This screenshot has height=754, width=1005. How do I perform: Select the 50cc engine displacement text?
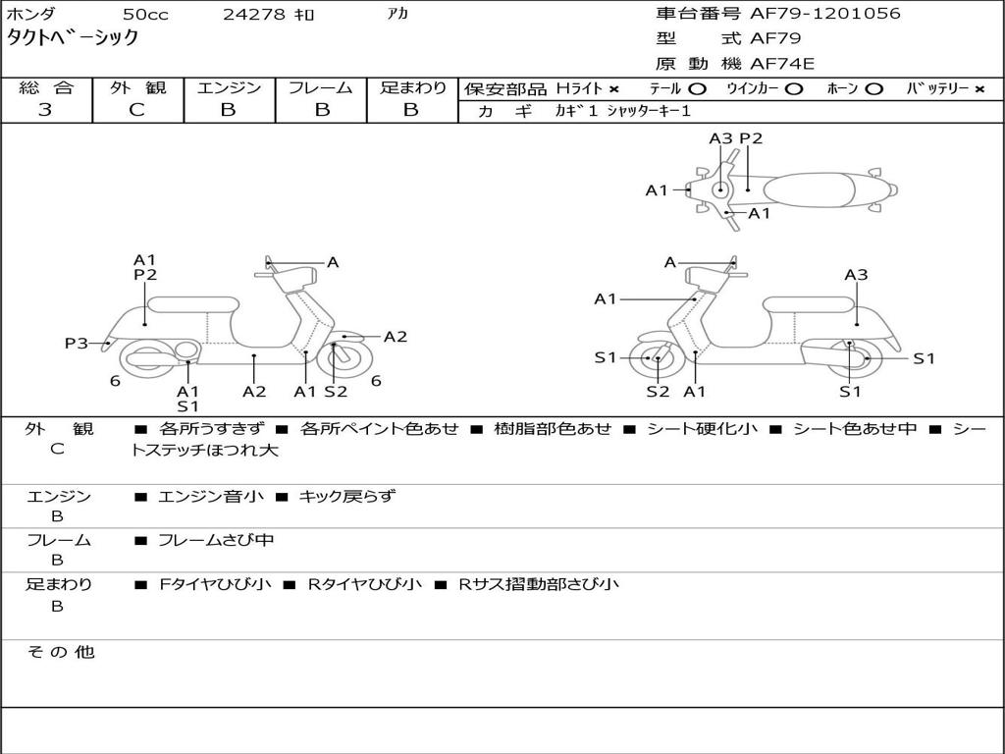click(144, 15)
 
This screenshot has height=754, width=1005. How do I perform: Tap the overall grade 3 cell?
click(45, 110)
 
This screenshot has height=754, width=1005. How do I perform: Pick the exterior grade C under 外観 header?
click(137, 110)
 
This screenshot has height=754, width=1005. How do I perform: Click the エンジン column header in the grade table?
click(229, 87)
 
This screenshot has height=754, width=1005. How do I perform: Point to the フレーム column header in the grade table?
click(320, 87)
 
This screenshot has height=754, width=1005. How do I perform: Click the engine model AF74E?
click(782, 65)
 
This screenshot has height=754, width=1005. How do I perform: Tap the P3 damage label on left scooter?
click(77, 344)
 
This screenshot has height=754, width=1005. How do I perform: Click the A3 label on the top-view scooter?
click(720, 138)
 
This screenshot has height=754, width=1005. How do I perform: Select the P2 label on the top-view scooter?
click(751, 138)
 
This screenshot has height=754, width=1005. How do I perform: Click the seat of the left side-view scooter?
click(192, 304)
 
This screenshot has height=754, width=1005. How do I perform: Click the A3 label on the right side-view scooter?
click(856, 275)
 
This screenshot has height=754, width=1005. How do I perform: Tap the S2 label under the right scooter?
click(658, 392)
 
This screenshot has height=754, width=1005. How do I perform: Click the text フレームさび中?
click(216, 540)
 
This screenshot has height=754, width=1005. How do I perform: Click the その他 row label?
click(60, 652)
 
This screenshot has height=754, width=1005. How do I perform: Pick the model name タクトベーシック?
click(74, 38)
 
